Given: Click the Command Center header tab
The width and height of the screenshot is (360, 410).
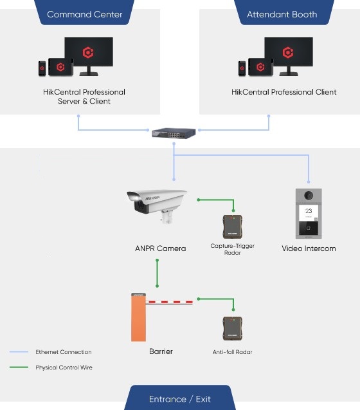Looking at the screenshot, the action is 84,12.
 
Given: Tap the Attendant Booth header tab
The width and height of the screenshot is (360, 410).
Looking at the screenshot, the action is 283,12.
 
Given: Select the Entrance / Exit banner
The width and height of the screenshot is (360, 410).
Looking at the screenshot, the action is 180,398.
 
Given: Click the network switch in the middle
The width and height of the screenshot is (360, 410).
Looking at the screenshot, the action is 174,133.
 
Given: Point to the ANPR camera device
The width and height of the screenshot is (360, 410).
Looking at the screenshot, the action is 157,205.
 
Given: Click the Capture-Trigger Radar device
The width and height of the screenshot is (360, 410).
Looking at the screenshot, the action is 233,226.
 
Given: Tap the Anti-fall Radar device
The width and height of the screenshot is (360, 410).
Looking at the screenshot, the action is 233,328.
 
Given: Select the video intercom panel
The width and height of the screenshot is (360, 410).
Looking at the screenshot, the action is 309,214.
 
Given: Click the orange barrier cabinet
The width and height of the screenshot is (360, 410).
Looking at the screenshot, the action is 138,317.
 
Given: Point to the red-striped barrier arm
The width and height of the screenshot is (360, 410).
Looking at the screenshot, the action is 169,303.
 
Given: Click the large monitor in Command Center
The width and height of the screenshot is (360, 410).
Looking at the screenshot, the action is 89,56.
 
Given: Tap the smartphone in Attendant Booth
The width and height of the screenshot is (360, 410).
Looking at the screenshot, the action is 242,68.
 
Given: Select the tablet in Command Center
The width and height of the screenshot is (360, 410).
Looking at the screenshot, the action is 60,67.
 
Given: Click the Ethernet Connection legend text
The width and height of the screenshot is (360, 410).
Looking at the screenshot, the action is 64,352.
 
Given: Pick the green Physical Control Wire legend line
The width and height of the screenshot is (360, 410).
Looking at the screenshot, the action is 19,367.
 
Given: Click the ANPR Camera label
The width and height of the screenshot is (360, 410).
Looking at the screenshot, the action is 161,248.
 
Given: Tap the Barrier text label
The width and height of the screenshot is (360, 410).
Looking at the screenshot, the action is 161,351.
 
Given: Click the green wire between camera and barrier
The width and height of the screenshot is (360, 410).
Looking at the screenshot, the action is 157,274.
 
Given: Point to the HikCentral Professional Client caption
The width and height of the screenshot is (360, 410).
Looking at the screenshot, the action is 283,92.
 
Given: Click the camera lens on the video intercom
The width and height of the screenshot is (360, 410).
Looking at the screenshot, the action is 309,195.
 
